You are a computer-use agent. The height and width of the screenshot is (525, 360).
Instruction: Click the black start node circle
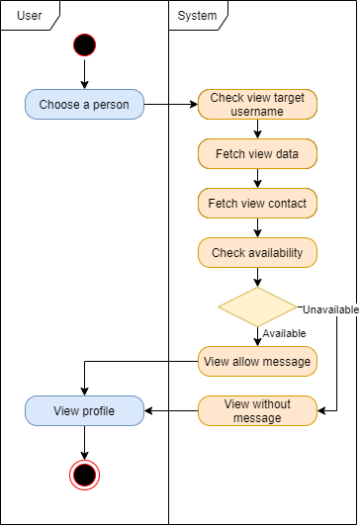point(84,45)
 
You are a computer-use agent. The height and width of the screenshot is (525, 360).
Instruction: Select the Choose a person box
point(84,105)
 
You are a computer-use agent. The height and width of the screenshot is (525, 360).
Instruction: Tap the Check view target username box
point(257,105)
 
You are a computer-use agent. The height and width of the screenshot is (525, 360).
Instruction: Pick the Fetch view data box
point(257,154)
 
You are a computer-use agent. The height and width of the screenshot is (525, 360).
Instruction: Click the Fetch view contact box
point(257,204)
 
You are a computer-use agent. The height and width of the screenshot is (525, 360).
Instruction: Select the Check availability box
point(257,253)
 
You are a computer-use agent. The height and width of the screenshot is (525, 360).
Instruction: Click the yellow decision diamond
point(257,307)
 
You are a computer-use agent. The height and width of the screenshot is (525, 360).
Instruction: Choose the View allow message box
point(257,362)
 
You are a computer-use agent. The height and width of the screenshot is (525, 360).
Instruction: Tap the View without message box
point(257,411)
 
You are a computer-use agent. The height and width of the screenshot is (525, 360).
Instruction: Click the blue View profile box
point(84,411)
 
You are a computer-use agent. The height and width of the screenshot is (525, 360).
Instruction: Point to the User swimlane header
point(30,15)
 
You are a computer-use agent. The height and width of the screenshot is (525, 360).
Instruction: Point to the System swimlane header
point(198,15)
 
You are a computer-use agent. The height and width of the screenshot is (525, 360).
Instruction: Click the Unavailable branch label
point(329,309)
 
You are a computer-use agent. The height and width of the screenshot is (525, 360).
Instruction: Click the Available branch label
point(284,333)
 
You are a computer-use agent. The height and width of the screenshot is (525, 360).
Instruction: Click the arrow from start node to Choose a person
point(84,74)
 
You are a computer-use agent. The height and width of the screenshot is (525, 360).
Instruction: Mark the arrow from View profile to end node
point(84,442)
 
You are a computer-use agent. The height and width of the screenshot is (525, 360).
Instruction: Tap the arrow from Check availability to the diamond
point(257,278)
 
